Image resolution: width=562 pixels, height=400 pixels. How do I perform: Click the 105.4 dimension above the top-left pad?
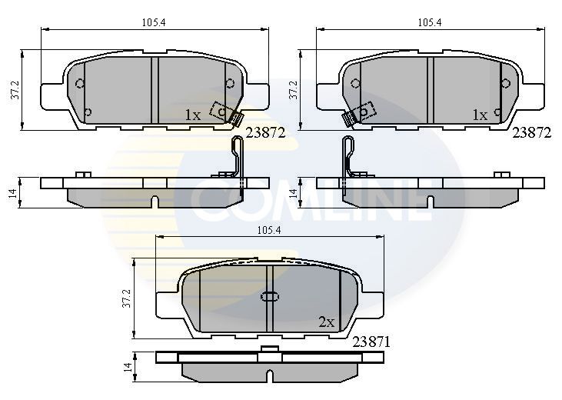click(x=154, y=22)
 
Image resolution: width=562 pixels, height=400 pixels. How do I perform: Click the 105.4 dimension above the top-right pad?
click(x=430, y=22)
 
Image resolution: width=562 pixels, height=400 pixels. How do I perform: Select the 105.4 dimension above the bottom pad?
click(x=269, y=230)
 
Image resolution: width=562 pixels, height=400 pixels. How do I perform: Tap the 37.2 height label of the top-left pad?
click(x=15, y=90)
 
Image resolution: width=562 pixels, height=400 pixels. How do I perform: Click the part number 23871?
click(x=371, y=342)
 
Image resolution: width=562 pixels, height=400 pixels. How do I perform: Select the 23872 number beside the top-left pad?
click(x=265, y=133)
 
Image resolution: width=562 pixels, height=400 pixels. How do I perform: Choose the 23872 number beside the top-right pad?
click(x=532, y=133)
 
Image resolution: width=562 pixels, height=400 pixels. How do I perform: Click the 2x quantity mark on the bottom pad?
click(x=326, y=322)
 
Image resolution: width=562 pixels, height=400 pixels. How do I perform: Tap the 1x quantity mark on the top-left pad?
click(x=193, y=115)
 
